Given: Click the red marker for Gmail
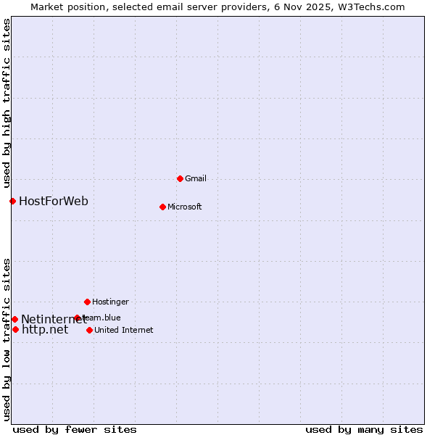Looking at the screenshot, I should (x=180, y=178).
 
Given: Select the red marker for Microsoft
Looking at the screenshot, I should (x=162, y=207).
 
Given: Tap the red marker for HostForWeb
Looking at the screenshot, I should (x=12, y=201).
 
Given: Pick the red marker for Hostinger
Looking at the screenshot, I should (x=87, y=302).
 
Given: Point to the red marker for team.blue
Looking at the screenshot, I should (x=77, y=318).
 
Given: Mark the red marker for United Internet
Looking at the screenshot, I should (x=89, y=330).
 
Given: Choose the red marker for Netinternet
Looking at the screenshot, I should (x=14, y=319).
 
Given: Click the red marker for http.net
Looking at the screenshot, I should (x=15, y=329).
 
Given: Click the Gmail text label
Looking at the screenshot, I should (x=196, y=178).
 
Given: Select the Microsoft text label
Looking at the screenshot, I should (x=184, y=207).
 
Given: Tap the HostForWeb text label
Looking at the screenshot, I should (x=54, y=201).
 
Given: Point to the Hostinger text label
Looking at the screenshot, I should (x=110, y=302).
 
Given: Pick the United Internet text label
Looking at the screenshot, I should (x=123, y=330).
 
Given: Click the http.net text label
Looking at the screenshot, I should (x=45, y=329).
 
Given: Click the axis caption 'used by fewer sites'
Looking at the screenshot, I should (x=75, y=429).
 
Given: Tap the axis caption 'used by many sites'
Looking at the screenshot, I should (x=364, y=429).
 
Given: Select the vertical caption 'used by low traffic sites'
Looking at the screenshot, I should (x=7, y=339).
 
